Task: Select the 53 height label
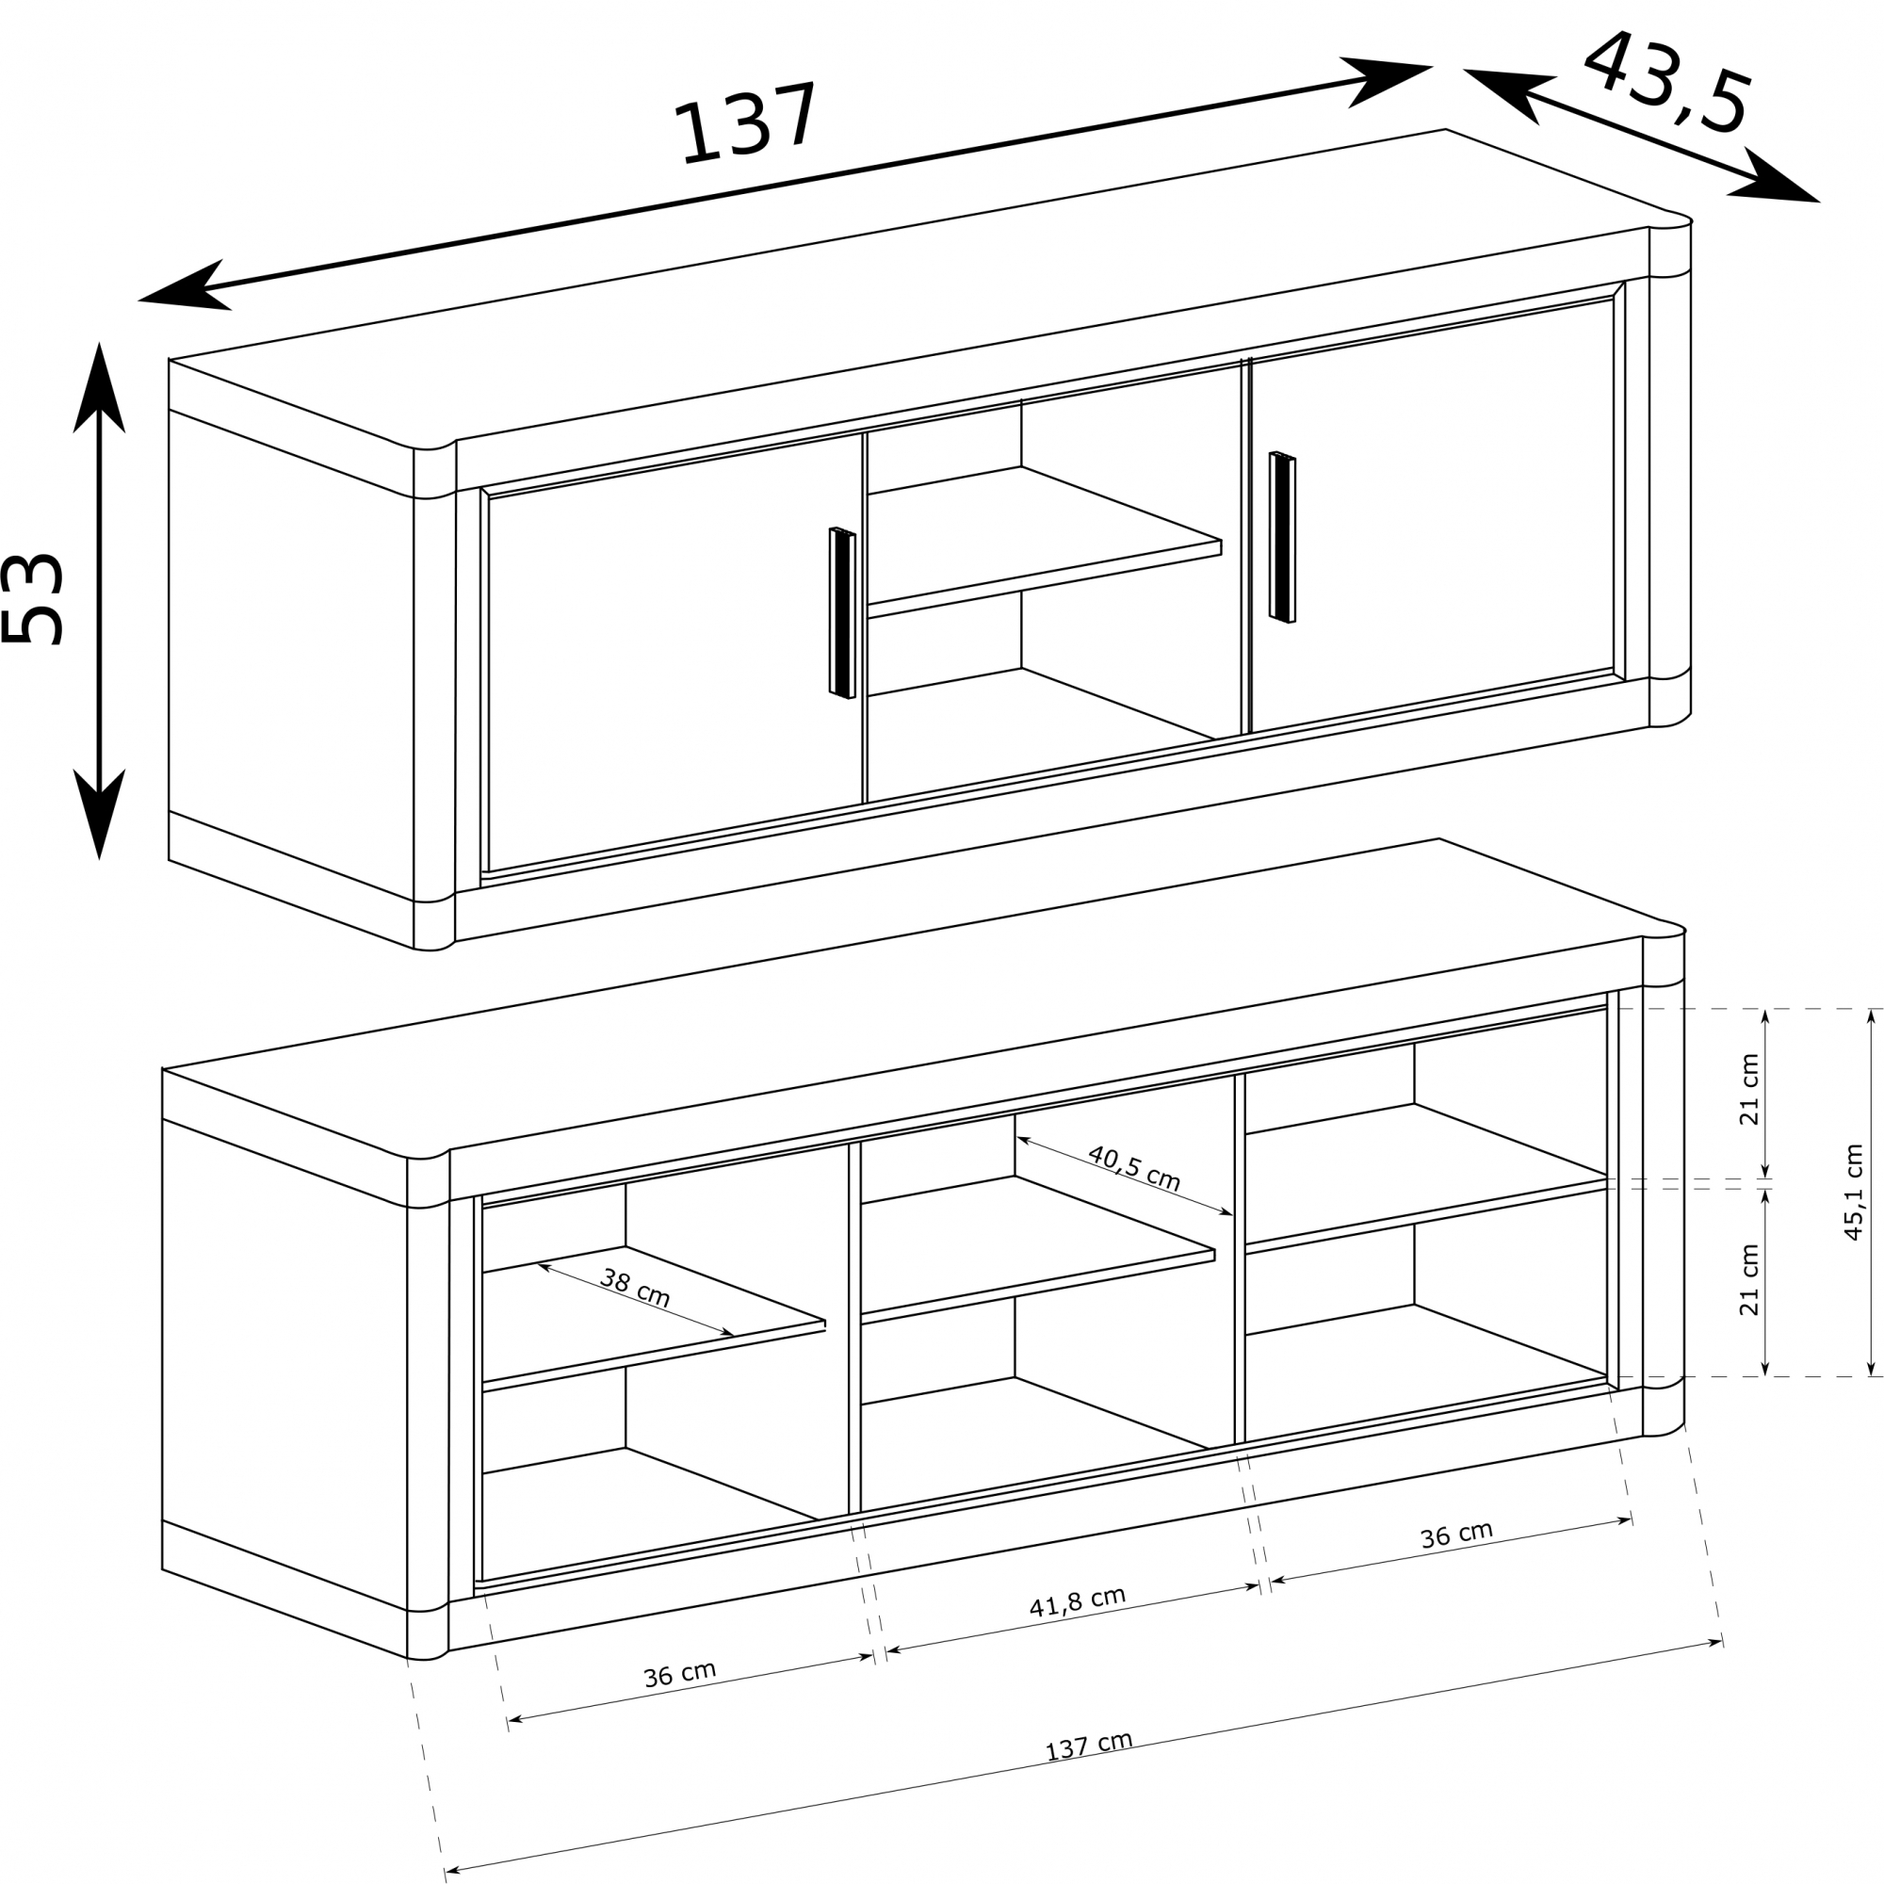[34, 599]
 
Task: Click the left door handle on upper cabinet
[842, 613]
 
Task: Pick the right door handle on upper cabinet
[1282, 537]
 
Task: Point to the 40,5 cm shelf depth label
[1134, 1168]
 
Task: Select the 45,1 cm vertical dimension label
[1854, 1192]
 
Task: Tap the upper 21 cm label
[1749, 1089]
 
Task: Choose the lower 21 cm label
[1749, 1280]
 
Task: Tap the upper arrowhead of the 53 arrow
[100, 385]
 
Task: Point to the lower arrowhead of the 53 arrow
[100, 814]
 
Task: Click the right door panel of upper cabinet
[1432, 518]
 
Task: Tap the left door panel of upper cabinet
[675, 652]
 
